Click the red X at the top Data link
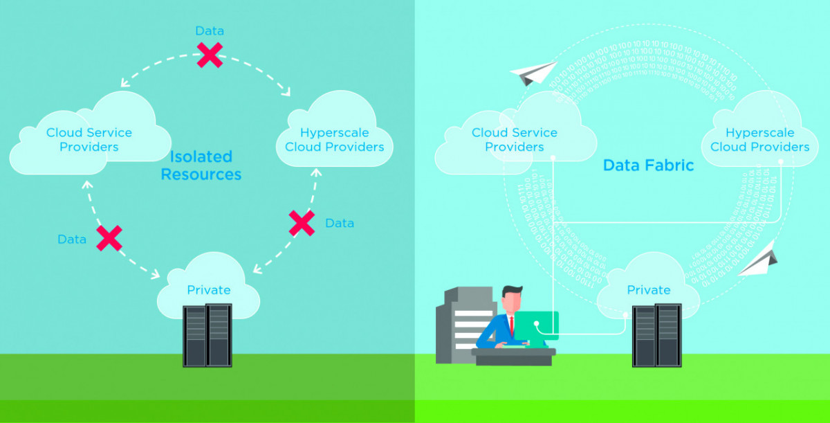[x=210, y=55]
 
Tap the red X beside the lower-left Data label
[x=109, y=237]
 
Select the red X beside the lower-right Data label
[x=302, y=222]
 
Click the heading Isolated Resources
[x=201, y=165]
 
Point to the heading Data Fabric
[x=648, y=165]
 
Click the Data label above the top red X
[x=210, y=31]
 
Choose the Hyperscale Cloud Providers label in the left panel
[x=335, y=140]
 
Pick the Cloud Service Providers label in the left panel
[x=89, y=140]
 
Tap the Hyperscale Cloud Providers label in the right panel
[x=760, y=140]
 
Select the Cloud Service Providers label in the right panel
[x=515, y=140]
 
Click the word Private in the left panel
[x=209, y=289]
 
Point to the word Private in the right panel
[x=649, y=289]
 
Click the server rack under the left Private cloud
[x=207, y=335]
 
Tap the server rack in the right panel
[x=656, y=335]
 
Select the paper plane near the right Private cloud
[x=759, y=260]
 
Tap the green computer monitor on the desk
[x=536, y=325]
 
